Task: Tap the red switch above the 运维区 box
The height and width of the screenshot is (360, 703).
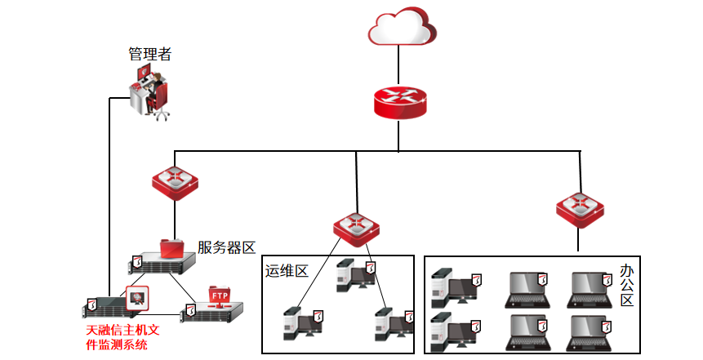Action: (357, 228)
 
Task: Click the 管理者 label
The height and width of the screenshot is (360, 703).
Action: (150, 54)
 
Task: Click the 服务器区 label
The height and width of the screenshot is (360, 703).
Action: (227, 247)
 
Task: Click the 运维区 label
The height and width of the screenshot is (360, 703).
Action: (286, 271)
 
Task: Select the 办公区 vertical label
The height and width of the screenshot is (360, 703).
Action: (627, 287)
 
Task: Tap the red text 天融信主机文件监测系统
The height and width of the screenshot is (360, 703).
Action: (123, 338)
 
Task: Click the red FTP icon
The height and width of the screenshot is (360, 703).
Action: (220, 296)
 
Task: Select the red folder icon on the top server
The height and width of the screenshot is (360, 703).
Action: (172, 247)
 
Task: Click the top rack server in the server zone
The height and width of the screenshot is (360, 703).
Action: (163, 264)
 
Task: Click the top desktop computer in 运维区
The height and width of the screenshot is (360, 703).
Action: (354, 275)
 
